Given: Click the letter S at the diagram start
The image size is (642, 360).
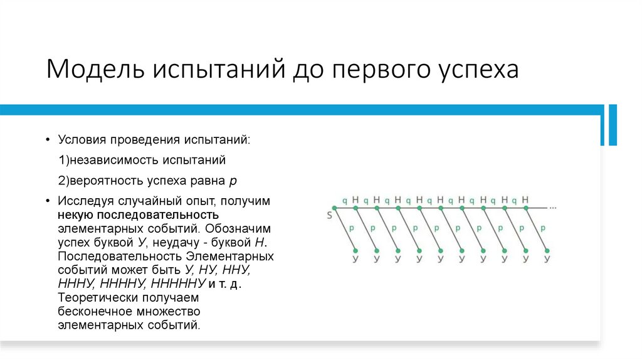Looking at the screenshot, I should tap(329, 216).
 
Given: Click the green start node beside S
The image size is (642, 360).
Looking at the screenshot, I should tap(333, 207).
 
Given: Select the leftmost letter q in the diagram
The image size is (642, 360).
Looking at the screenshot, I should tap(344, 201).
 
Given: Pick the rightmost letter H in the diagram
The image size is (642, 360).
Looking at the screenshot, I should tap(525, 200).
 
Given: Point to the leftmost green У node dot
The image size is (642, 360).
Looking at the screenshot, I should tap(355, 249).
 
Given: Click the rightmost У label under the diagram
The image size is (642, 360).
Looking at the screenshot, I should tap(547, 258).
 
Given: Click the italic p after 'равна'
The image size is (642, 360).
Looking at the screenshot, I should tap(233, 181).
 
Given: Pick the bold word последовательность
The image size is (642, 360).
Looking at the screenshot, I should tap(146, 214).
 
